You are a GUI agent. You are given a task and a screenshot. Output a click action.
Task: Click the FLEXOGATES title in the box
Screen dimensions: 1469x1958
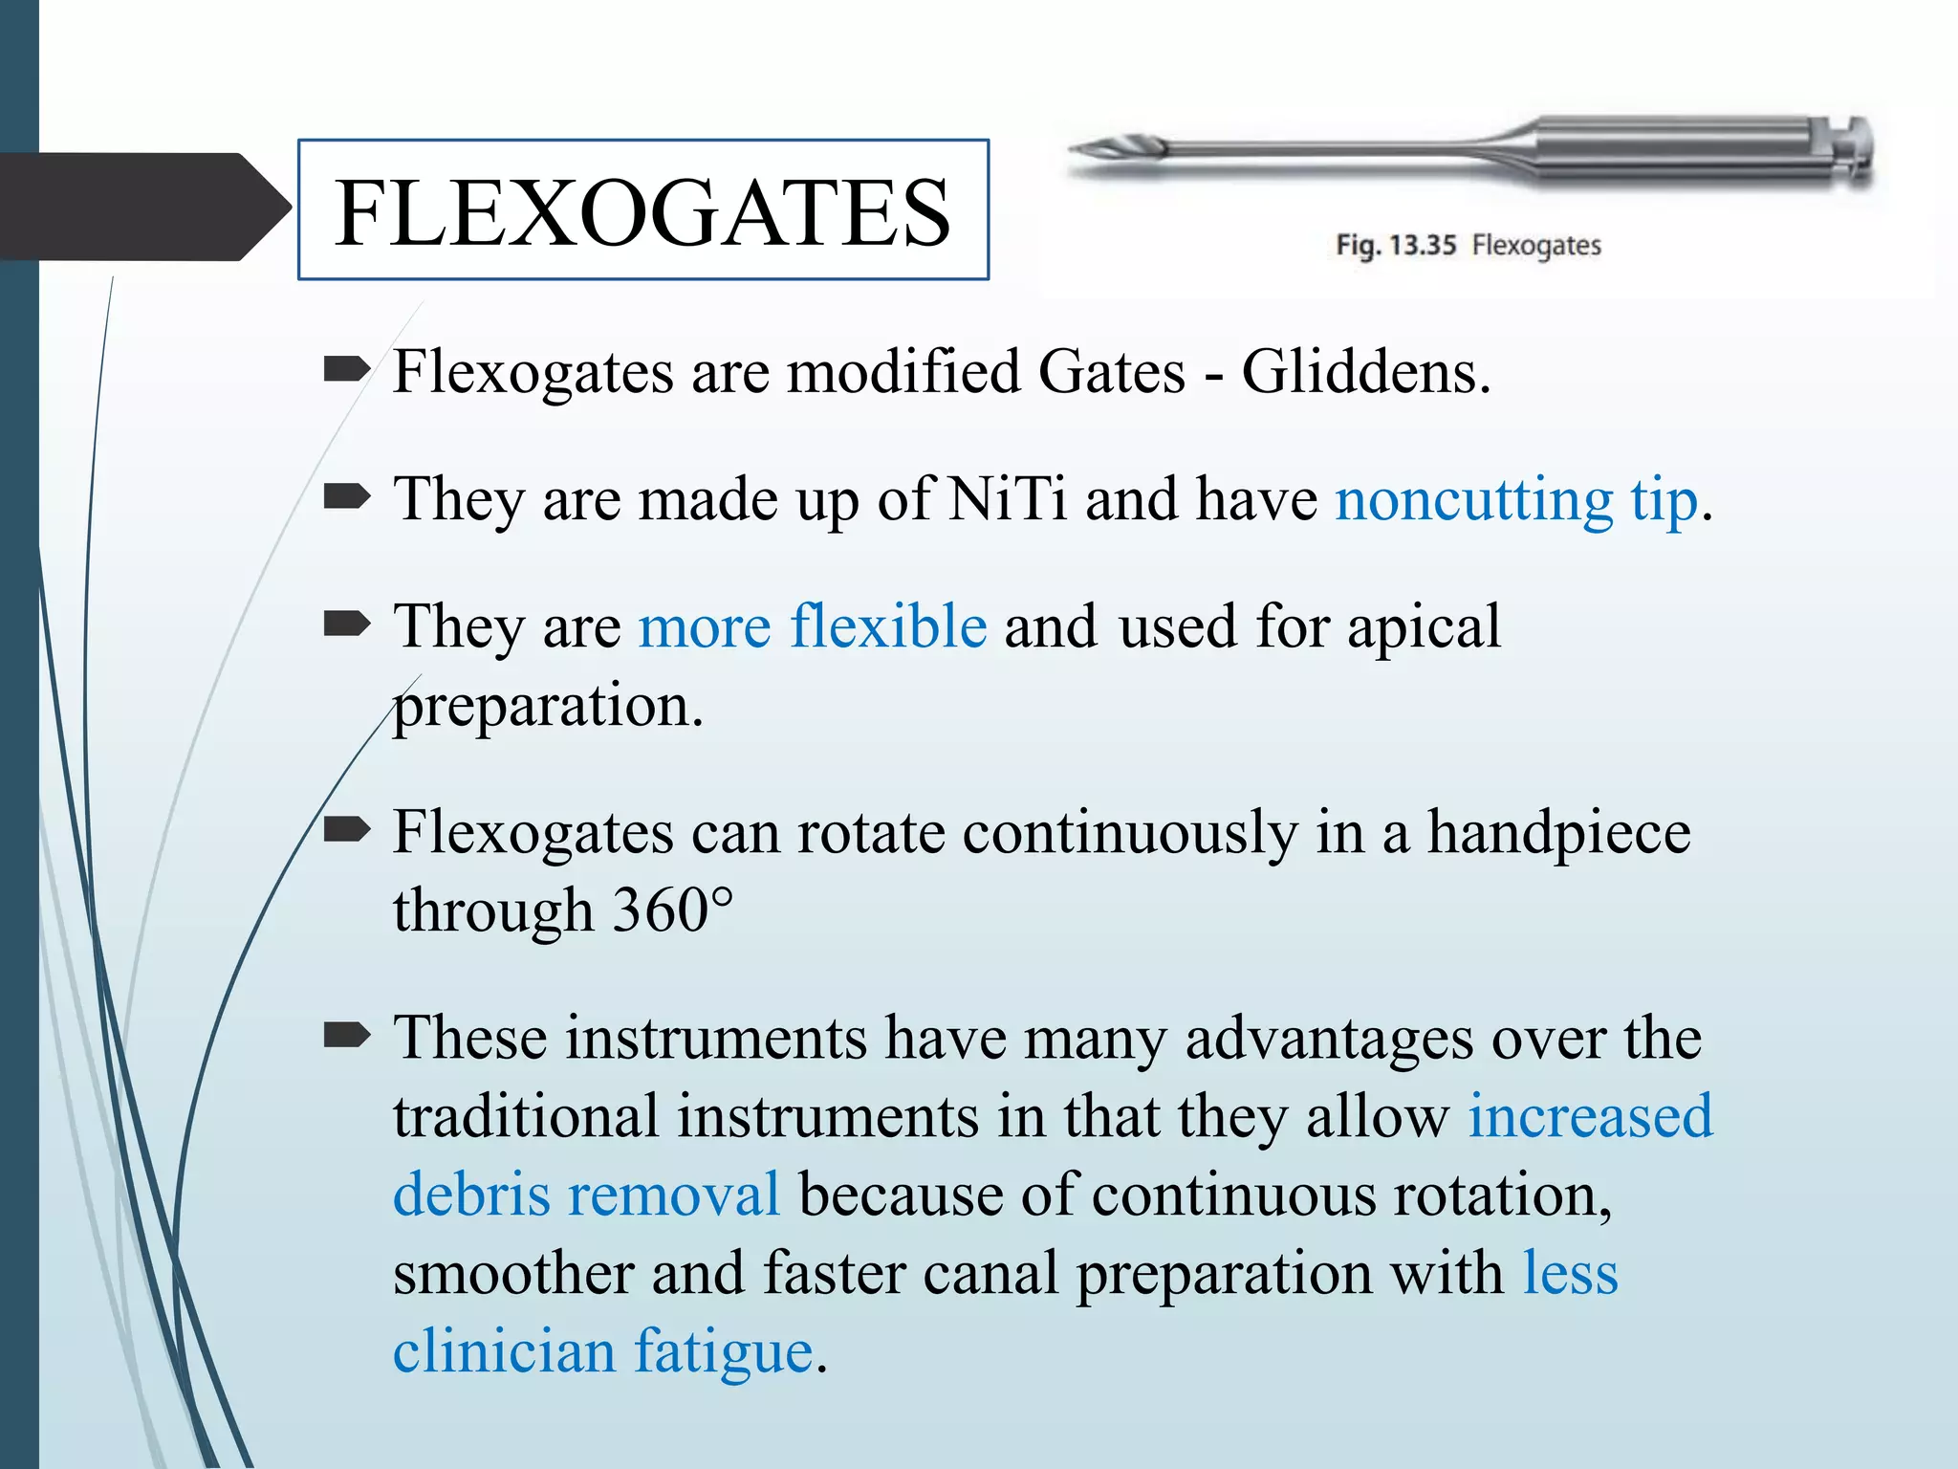642,212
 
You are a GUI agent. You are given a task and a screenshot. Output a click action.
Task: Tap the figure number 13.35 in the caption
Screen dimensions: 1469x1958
1422,245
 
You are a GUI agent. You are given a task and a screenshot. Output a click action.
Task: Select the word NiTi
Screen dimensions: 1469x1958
1007,498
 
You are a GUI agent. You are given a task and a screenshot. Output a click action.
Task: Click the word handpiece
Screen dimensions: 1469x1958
1558,833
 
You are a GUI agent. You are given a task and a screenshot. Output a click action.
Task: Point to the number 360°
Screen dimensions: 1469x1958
672,910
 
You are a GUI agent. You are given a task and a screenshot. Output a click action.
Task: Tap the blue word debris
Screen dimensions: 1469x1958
471,1195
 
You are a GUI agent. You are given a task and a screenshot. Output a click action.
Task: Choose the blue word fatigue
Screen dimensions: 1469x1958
724,1352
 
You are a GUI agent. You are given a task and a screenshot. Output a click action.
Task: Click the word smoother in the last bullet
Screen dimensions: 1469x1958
512,1274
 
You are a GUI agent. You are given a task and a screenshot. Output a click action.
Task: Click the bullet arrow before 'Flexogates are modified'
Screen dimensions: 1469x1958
346,368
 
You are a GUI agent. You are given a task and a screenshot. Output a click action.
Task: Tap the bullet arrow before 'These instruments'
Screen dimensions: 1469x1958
346,1035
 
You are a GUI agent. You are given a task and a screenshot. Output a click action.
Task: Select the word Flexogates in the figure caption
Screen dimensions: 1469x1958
1535,245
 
